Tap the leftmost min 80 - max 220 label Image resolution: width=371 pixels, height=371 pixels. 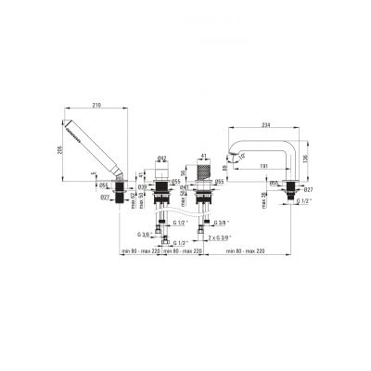pyautogui.click(x=140, y=250)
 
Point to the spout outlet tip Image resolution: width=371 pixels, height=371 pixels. pyautogui.click(x=231, y=154)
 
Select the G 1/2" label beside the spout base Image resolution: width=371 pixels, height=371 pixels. pyautogui.click(x=306, y=201)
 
